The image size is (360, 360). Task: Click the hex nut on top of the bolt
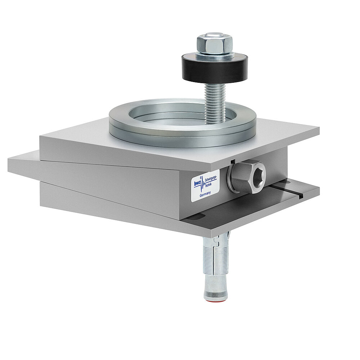point(215,44)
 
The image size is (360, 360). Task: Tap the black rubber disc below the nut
point(215,70)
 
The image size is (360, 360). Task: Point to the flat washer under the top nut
point(215,56)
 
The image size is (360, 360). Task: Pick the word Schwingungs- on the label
point(211,179)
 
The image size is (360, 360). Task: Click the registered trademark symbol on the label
point(201,177)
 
